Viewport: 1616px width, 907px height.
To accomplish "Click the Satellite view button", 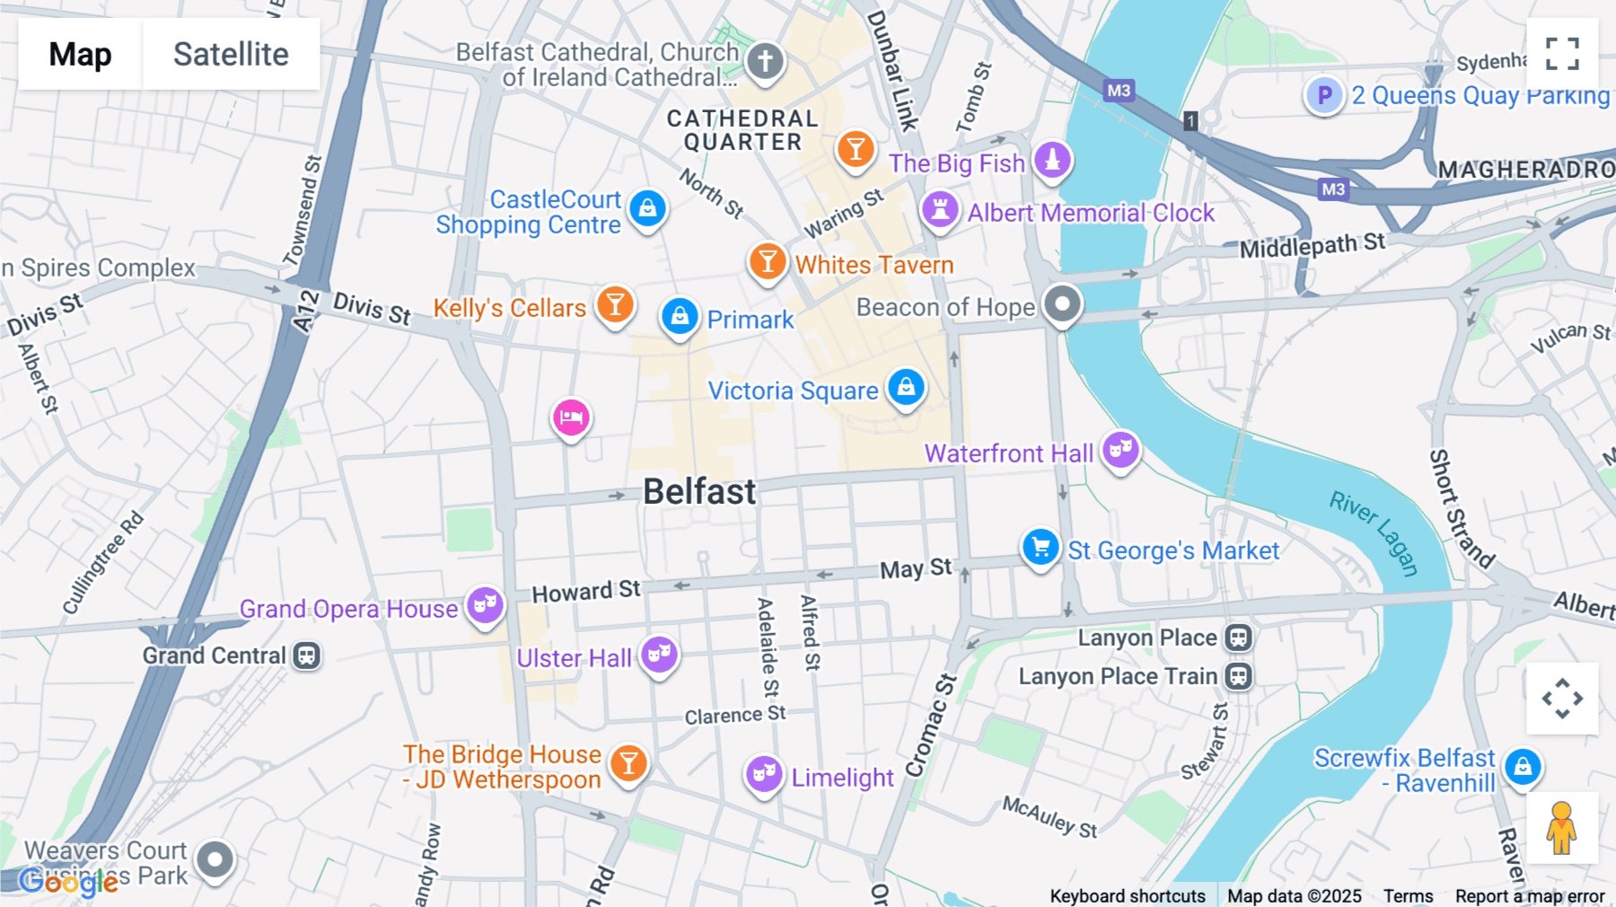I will (x=231, y=54).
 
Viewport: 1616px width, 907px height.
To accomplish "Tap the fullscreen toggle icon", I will (x=1562, y=54).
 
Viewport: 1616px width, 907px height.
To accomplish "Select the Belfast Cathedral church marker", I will (x=765, y=62).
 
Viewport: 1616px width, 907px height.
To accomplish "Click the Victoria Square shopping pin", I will (x=906, y=388).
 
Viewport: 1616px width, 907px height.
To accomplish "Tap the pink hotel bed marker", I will (x=571, y=418).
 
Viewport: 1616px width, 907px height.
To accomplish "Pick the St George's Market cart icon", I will (x=1041, y=547).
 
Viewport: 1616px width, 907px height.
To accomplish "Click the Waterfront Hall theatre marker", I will (x=1120, y=450).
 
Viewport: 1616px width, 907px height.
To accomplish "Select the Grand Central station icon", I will (x=306, y=656).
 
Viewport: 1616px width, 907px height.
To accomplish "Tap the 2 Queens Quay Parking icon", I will (x=1324, y=95).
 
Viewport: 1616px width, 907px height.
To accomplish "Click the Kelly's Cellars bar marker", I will (x=615, y=305).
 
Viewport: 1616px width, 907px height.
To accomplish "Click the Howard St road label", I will (x=585, y=592).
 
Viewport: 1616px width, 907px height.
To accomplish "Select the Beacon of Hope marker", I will (x=1062, y=304).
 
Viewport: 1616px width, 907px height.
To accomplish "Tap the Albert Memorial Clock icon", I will (x=940, y=210).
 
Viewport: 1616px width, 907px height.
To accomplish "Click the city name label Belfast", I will (x=699, y=492).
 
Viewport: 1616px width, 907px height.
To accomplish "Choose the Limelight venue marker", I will (x=764, y=773).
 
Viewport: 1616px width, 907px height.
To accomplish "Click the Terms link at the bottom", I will (x=1408, y=896).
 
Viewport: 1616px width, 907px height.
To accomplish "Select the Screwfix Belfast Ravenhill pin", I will (x=1523, y=767).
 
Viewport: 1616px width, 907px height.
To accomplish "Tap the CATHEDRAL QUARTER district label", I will (x=742, y=130).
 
